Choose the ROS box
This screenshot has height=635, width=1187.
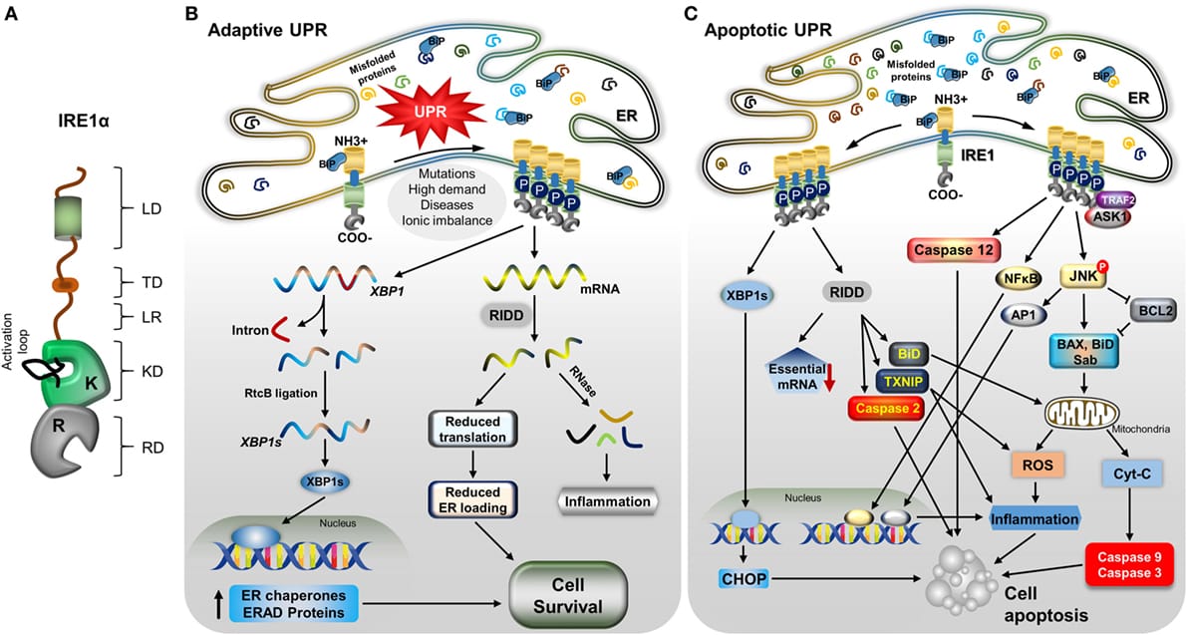coord(1037,464)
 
